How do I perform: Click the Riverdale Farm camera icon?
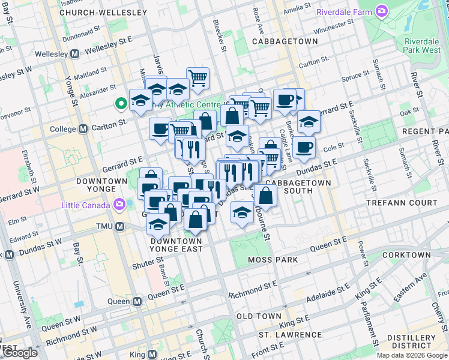[381, 11]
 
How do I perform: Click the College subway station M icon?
[82, 128]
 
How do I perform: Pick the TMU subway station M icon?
[120, 227]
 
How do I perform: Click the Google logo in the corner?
[20, 352]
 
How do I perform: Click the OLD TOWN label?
[259, 316]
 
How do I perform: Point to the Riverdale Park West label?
[423, 46]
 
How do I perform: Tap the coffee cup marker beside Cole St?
[304, 146]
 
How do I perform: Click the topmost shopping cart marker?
[197, 77]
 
